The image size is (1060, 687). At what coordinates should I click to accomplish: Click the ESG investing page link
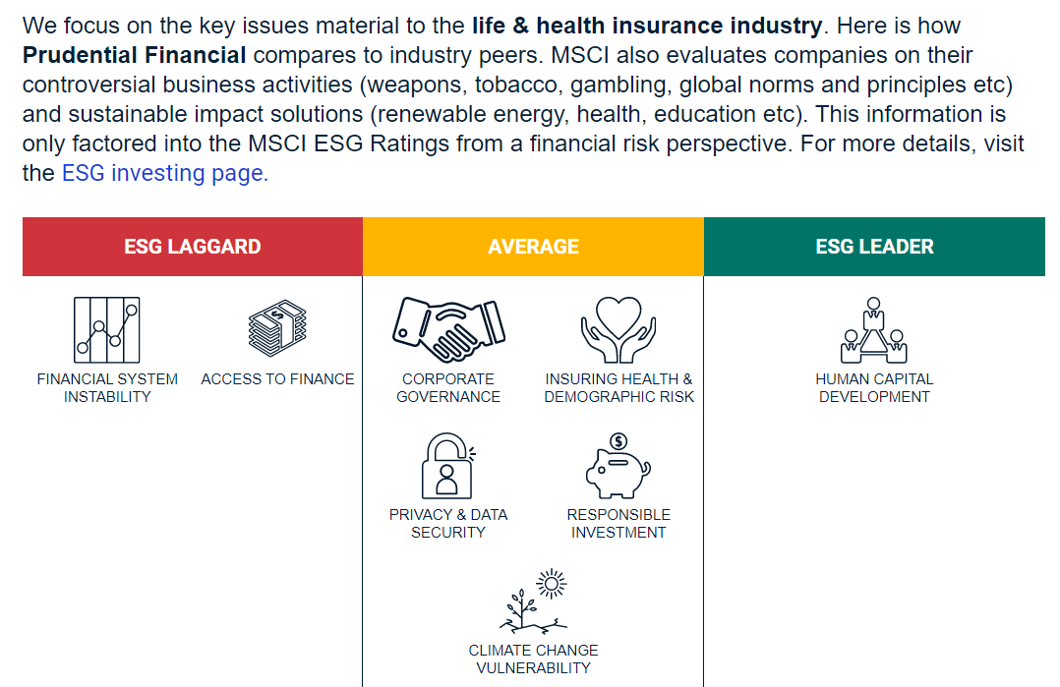[x=165, y=174]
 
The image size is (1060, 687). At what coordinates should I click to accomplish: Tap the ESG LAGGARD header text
[x=193, y=247]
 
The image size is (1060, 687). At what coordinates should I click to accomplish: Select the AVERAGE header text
[x=533, y=247]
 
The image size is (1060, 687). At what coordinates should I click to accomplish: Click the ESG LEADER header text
[x=874, y=247]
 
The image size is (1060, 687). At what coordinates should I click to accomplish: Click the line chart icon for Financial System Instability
[x=107, y=330]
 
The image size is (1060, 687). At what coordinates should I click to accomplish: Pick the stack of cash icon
[x=277, y=328]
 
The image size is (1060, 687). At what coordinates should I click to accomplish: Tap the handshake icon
[x=448, y=329]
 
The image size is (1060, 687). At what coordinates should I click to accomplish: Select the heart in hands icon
[x=618, y=329]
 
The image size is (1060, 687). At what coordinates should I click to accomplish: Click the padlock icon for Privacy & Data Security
[x=447, y=466]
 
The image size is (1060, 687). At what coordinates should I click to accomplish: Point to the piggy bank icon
[x=618, y=466]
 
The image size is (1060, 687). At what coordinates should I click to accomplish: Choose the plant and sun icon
[x=533, y=601]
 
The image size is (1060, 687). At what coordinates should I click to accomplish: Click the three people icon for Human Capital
[x=874, y=330]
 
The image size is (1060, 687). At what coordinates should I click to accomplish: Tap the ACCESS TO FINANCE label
[x=277, y=379]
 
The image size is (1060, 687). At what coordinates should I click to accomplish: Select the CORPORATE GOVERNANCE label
[x=448, y=388]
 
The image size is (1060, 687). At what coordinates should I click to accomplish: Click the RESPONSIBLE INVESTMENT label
[x=618, y=524]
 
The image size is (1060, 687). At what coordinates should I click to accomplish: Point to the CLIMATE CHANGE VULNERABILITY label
[x=533, y=659]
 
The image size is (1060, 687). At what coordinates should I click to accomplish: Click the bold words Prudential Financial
[x=134, y=55]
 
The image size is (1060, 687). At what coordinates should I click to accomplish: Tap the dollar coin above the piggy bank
[x=618, y=442]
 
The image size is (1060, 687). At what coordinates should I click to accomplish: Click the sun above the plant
[x=552, y=584]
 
